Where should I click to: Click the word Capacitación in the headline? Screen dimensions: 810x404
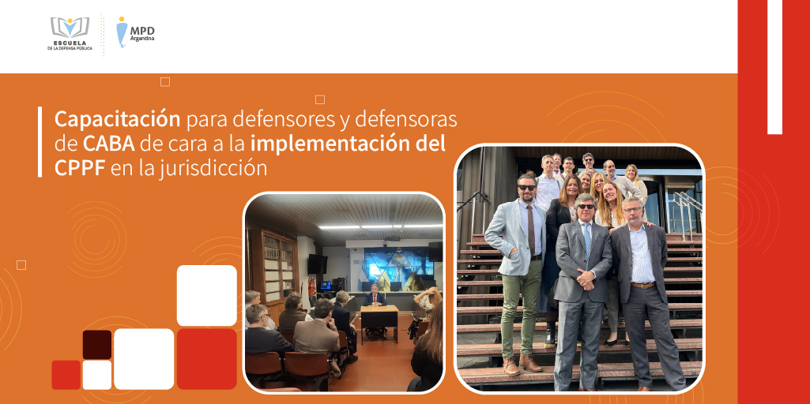[x=117, y=120]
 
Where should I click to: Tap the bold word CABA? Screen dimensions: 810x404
[x=109, y=144]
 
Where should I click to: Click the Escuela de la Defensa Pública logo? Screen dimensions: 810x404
[x=70, y=34]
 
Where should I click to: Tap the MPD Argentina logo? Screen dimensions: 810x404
[x=135, y=32]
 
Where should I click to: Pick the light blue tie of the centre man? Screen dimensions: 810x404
[x=587, y=238]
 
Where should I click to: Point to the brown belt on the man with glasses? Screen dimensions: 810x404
[x=642, y=285]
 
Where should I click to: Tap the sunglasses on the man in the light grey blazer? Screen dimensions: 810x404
[x=527, y=187]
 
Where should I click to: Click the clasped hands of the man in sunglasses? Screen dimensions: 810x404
[x=586, y=280]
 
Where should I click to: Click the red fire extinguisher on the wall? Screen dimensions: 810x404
[x=311, y=286]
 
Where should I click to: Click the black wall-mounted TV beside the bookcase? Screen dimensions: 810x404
[x=317, y=264]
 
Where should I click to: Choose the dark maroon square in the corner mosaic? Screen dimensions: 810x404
[x=97, y=345]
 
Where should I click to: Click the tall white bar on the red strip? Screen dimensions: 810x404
[x=774, y=67]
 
